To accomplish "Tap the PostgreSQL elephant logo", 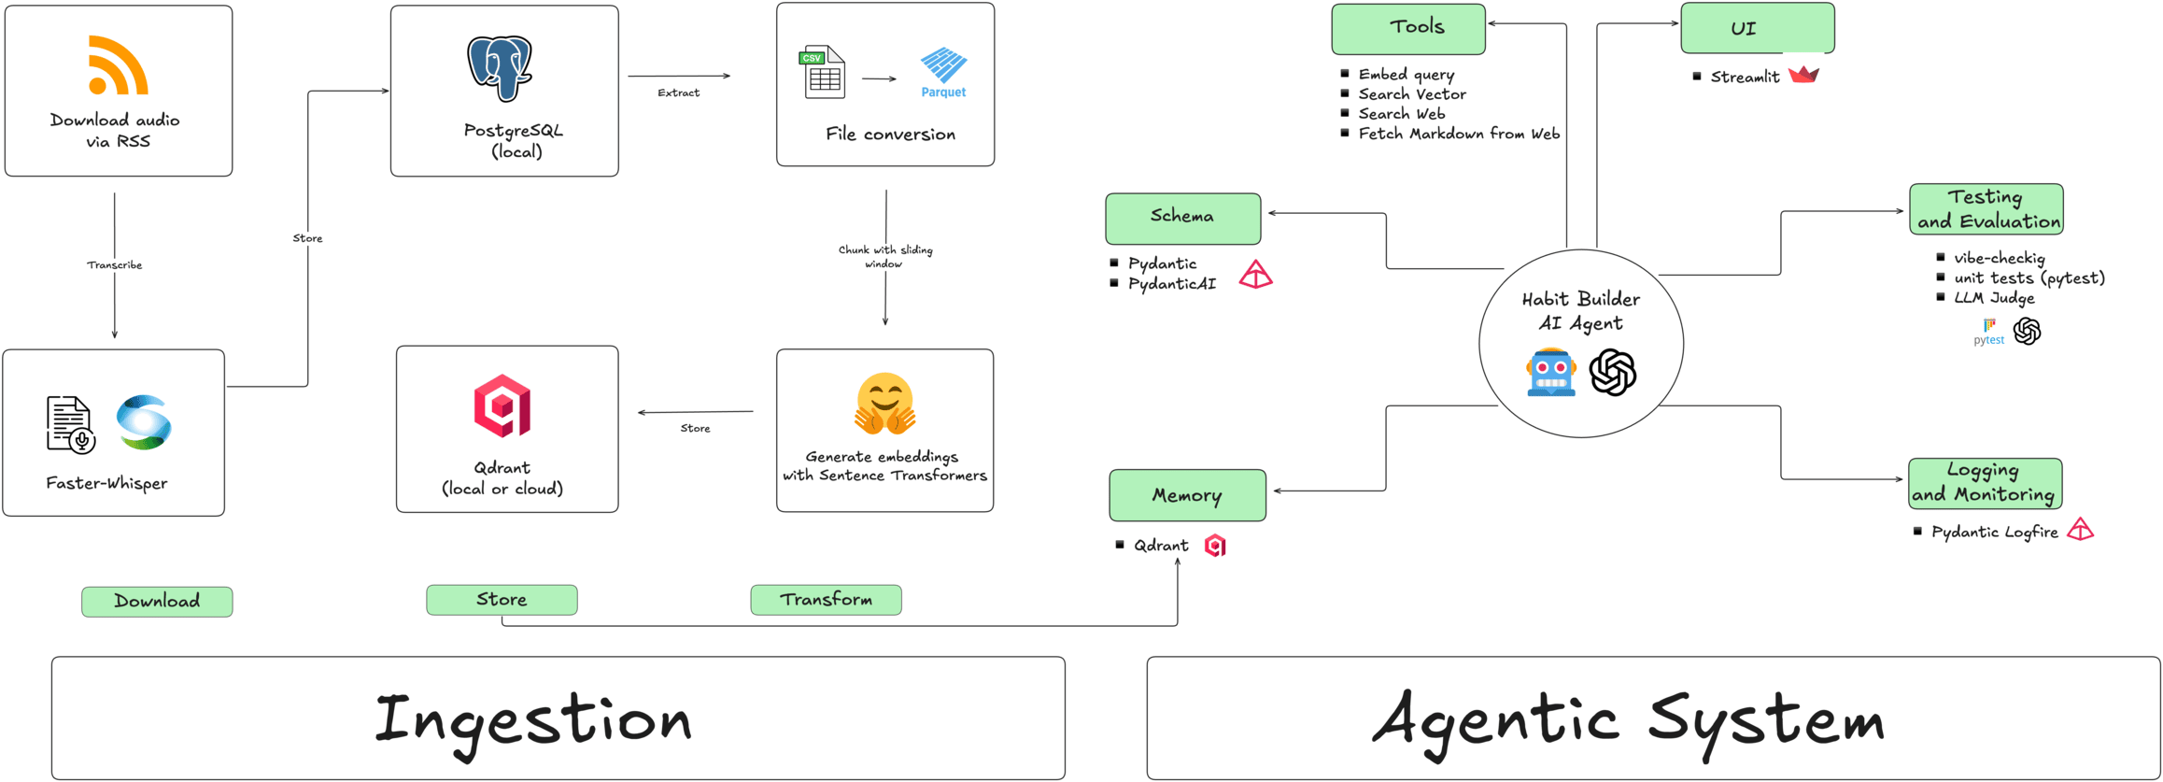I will click(x=500, y=68).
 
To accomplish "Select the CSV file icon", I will click(x=823, y=73).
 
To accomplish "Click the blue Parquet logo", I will click(x=943, y=72).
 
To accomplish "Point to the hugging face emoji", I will click(x=884, y=404).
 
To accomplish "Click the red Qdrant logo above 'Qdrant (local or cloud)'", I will click(x=502, y=405).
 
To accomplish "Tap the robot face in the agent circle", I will click(x=1551, y=373).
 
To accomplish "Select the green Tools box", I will click(x=1407, y=29).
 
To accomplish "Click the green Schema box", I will click(x=1182, y=219).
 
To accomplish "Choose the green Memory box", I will click(x=1187, y=495).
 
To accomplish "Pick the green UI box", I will click(x=1757, y=29).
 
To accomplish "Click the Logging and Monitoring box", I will click(x=1985, y=483).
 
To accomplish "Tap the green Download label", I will click(x=157, y=602).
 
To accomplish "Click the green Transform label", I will click(x=826, y=600).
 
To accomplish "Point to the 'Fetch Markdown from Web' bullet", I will click(x=1459, y=134).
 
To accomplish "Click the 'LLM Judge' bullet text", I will click(x=1993, y=298).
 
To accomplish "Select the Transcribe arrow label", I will click(x=115, y=265).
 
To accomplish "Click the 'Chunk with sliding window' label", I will click(x=884, y=256).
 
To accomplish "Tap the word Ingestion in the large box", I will click(x=533, y=720).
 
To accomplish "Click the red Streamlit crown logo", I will click(x=1802, y=75).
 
